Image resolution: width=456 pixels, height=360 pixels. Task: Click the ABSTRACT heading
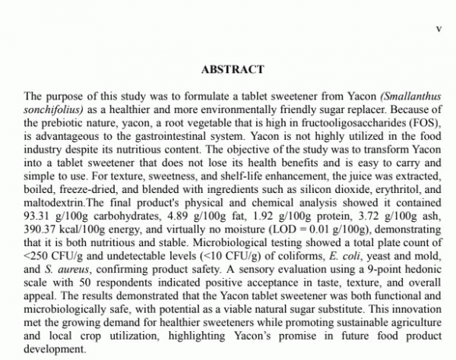point(233,69)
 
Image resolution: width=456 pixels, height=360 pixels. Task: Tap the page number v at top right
point(437,28)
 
